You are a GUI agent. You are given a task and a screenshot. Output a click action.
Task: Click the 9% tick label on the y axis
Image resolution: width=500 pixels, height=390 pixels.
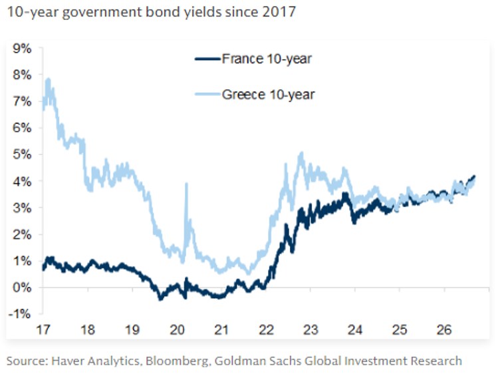[23, 49]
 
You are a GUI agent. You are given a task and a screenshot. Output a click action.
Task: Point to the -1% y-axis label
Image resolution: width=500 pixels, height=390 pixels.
[20, 314]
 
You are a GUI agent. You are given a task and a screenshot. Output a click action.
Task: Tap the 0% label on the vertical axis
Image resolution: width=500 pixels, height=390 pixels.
[23, 288]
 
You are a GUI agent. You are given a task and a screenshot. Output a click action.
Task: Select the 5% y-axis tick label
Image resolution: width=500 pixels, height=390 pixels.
[23, 155]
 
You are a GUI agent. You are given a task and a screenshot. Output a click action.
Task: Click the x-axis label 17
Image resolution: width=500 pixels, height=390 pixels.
[43, 329]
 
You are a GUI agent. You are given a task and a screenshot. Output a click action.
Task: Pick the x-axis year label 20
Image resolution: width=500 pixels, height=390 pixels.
[177, 329]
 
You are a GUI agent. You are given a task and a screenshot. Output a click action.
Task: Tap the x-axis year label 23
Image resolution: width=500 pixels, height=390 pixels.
[311, 329]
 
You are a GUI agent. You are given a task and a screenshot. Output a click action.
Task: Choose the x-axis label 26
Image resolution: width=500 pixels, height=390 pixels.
[444, 329]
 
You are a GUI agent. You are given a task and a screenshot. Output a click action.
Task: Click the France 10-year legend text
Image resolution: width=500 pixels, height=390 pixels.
[267, 59]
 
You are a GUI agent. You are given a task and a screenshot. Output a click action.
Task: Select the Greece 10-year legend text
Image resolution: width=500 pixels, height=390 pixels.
[268, 95]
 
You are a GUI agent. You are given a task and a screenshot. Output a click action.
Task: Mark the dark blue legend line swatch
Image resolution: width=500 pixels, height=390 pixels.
[207, 59]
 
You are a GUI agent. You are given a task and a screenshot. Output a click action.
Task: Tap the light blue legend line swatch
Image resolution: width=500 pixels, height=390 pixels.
[207, 95]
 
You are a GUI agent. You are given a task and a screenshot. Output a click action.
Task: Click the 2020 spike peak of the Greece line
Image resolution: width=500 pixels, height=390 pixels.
[187, 184]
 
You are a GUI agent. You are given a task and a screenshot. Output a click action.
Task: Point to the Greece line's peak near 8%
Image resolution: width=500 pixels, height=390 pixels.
[49, 79]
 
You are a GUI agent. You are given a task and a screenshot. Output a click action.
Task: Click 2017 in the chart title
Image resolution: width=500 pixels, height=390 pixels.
[279, 12]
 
